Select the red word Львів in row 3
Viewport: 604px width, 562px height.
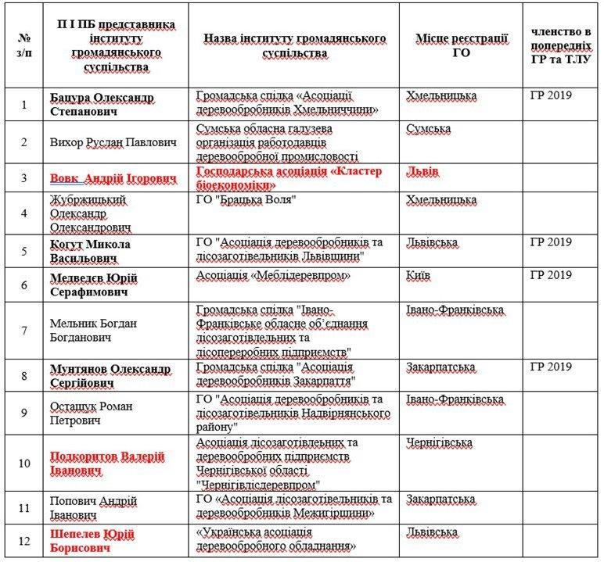point(423,170)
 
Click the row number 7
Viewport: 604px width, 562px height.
point(23,331)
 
